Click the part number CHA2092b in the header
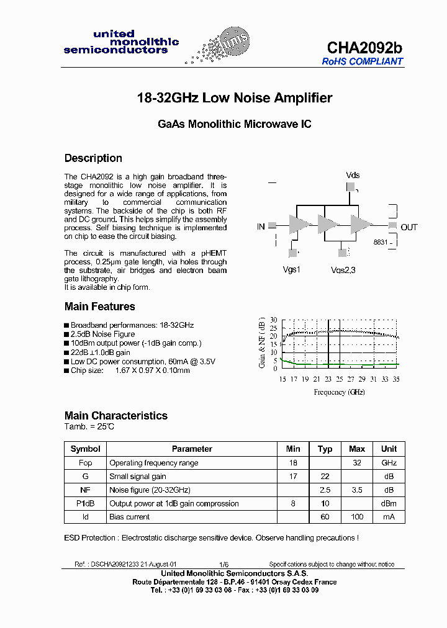364,48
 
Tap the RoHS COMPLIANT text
362,61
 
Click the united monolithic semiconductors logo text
121,42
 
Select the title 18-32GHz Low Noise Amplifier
234,98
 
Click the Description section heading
93,158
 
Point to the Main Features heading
99,307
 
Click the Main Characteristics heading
116,416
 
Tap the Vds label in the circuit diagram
353,175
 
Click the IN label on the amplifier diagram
261,227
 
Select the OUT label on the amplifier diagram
409,227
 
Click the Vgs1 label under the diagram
291,270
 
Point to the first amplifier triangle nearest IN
299,225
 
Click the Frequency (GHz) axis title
339,392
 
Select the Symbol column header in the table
85,449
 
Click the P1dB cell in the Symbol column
85,503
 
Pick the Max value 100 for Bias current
357,517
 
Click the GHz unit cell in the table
389,463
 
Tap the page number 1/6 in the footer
223,564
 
